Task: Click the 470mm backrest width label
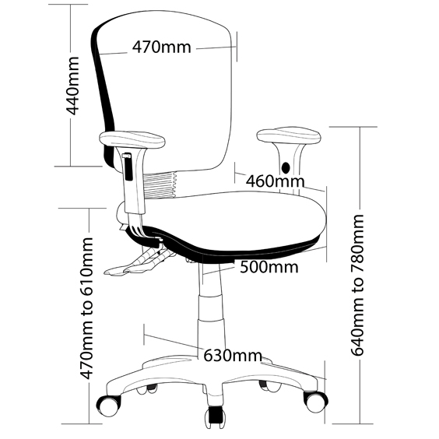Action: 162,47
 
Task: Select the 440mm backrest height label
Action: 72,86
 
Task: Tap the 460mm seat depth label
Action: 275,181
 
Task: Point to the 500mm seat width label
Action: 269,267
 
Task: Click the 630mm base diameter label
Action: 233,356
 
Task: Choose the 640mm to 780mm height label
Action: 357,285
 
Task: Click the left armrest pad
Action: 132,139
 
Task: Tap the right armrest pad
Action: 289,135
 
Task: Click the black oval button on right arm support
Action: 286,167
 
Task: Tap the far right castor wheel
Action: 316,402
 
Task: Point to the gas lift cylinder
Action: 212,308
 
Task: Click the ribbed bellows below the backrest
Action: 160,185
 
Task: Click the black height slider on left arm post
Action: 128,167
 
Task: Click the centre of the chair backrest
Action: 168,98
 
